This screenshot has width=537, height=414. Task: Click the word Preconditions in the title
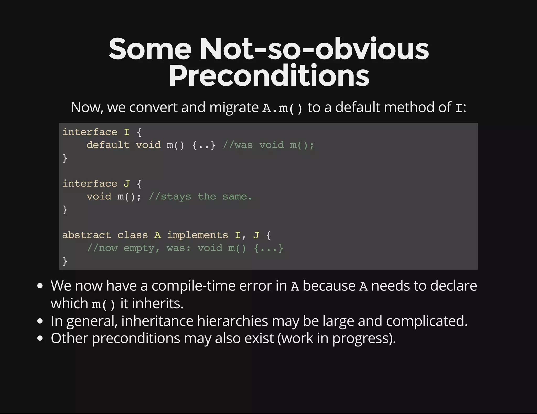click(269, 76)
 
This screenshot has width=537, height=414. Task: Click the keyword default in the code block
click(108, 145)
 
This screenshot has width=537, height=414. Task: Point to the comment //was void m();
click(268, 145)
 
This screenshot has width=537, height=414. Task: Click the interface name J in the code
click(127, 184)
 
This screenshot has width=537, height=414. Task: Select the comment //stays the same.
click(200, 197)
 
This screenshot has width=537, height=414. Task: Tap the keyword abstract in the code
click(87, 235)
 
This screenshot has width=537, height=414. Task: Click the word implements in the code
click(197, 235)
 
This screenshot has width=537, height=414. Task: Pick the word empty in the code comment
click(139, 248)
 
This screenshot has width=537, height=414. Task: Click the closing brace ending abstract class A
click(65, 261)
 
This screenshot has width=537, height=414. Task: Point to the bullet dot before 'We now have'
click(40, 286)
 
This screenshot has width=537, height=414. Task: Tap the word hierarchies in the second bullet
click(233, 321)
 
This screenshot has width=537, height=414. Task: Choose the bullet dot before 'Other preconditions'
click(40, 338)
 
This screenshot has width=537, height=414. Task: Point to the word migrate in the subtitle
click(234, 108)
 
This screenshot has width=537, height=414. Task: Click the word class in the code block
click(132, 235)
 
